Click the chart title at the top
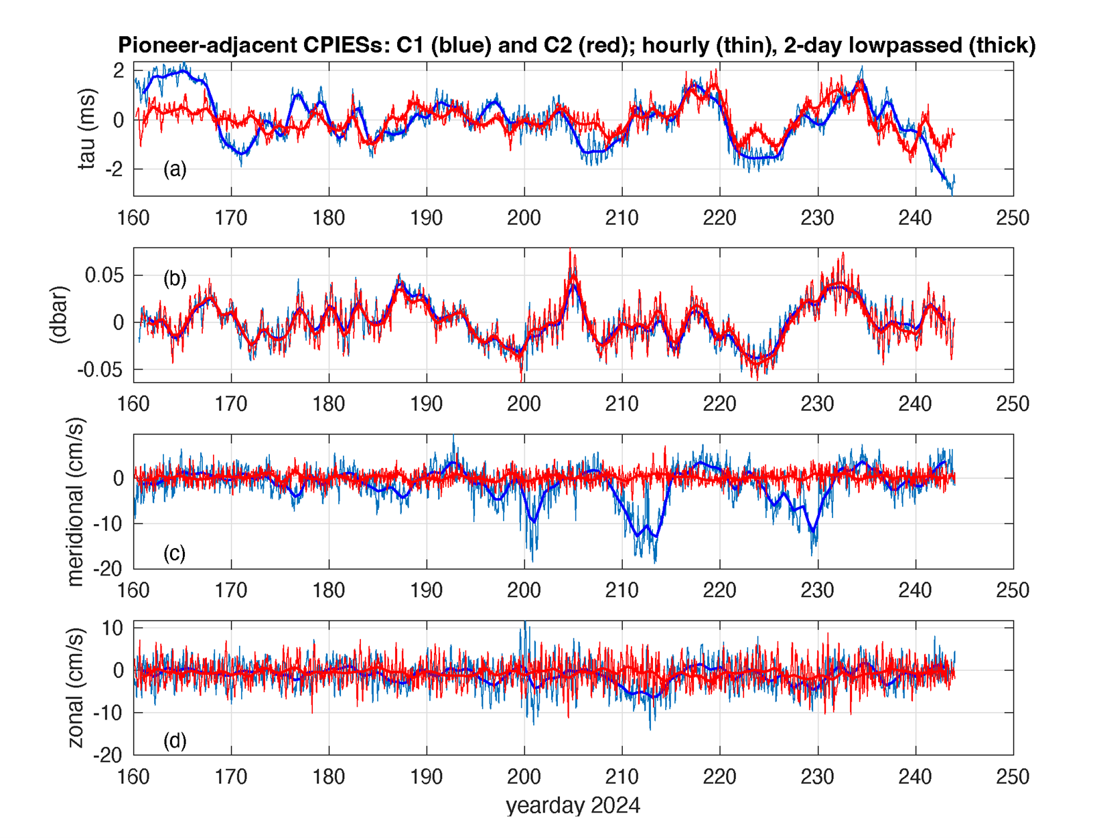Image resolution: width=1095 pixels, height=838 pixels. point(577,45)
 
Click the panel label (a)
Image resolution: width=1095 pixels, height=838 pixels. point(175,169)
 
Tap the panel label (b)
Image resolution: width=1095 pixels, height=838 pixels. point(175,278)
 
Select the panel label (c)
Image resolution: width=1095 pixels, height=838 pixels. point(175,553)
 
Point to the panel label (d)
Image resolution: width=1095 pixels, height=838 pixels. point(175,740)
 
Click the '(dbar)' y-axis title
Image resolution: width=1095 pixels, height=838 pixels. point(60,315)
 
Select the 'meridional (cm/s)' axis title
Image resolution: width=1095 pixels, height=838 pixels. point(75,502)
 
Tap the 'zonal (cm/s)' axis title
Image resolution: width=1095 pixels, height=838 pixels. point(75,688)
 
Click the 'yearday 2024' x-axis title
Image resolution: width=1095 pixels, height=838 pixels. point(573,805)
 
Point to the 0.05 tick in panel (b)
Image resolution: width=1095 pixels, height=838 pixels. point(104,275)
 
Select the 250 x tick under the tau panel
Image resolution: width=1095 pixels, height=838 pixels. point(1013,218)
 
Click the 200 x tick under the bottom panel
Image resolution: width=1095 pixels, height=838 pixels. point(524,777)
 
